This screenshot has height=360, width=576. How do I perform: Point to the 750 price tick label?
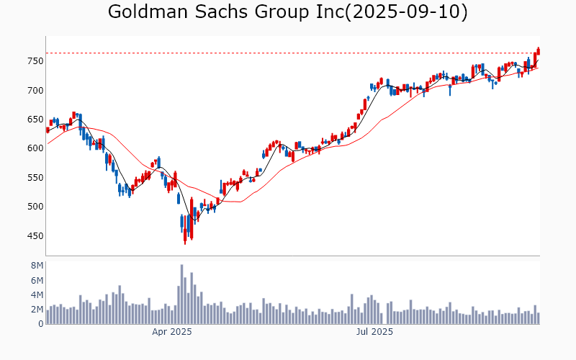(35, 61)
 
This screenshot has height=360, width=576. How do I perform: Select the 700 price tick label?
(35, 90)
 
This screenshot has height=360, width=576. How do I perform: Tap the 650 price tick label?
(35, 120)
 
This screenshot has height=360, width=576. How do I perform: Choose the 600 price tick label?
(35, 148)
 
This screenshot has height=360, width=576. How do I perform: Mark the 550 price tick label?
(35, 178)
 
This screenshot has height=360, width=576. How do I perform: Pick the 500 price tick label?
(35, 207)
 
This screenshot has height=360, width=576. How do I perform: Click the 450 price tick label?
(35, 236)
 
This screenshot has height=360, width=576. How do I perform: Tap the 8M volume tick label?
(37, 266)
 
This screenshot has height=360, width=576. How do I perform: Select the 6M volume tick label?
(37, 280)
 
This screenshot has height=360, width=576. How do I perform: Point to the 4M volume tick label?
(37, 294)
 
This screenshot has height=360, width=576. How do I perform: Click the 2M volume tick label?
(37, 310)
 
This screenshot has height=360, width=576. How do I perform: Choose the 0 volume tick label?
(41, 324)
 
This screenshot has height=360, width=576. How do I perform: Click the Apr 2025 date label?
(171, 333)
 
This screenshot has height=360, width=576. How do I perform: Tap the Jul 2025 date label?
(375, 333)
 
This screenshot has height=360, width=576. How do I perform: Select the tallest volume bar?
(181, 294)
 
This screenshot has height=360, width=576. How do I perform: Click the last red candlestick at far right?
(538, 50)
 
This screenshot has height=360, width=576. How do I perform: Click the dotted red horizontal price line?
(288, 53)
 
